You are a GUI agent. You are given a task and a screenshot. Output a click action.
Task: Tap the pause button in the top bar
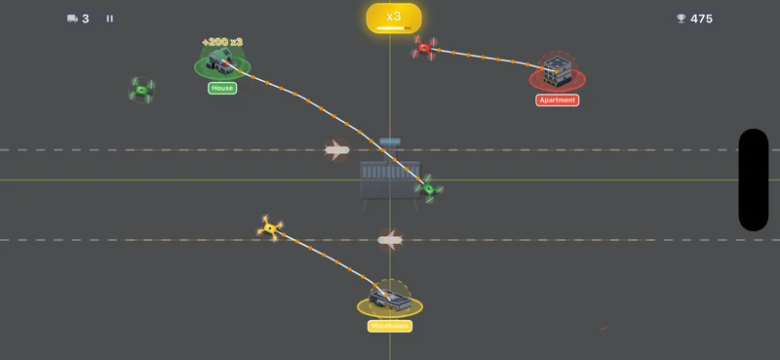point(109,19)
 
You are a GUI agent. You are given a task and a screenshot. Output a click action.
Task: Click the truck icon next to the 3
point(72,19)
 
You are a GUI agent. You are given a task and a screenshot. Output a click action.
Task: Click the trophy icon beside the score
point(681,19)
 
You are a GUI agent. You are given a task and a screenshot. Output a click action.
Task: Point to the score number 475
point(701,19)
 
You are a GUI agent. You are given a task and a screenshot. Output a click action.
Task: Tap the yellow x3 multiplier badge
point(394,18)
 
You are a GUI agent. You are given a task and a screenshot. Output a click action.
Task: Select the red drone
point(424,47)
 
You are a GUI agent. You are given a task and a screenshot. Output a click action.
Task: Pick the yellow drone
point(270,228)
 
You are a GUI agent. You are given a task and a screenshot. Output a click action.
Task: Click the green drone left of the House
point(142,91)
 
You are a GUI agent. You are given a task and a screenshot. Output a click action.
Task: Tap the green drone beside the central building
point(428,188)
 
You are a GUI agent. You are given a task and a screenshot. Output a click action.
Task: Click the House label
point(222,88)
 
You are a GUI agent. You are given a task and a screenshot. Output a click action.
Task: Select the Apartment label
point(558,100)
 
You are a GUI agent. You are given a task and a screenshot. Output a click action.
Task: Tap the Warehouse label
point(389,326)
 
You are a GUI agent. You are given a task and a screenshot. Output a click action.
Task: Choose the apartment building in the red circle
point(557,71)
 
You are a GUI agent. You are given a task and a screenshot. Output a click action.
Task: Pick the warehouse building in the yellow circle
point(389,297)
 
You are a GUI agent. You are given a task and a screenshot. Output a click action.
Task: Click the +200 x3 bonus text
point(222,42)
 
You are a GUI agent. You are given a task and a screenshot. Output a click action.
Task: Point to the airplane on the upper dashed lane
point(336,150)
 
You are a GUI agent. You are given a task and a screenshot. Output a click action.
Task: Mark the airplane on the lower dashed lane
point(390,239)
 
